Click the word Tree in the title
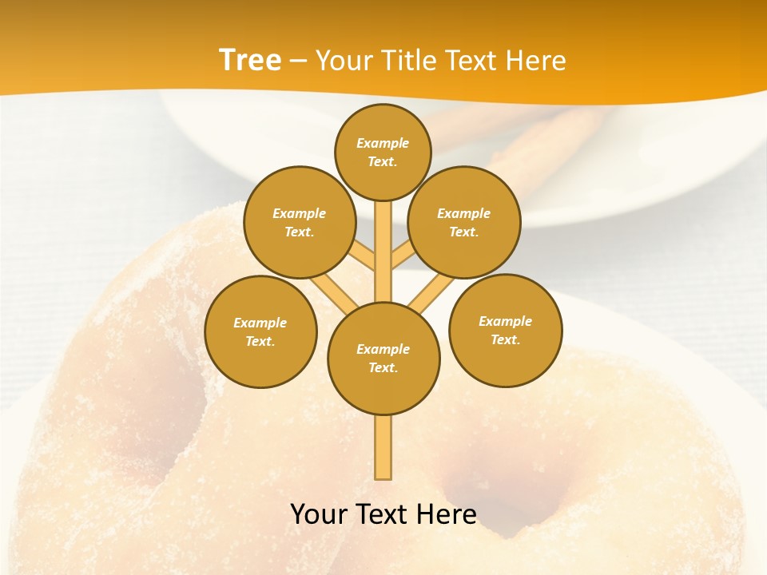coord(250,60)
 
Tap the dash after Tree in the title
coord(299,62)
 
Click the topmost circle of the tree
coord(383,152)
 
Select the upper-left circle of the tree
coord(299,222)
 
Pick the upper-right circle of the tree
coord(463,222)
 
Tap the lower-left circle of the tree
coord(260,331)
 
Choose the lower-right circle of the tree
coord(505,330)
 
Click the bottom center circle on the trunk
coord(383,358)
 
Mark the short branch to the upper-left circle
coord(363,257)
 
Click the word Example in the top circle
coord(383,143)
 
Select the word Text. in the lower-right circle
coord(505,339)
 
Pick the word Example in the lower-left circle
coord(260,323)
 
